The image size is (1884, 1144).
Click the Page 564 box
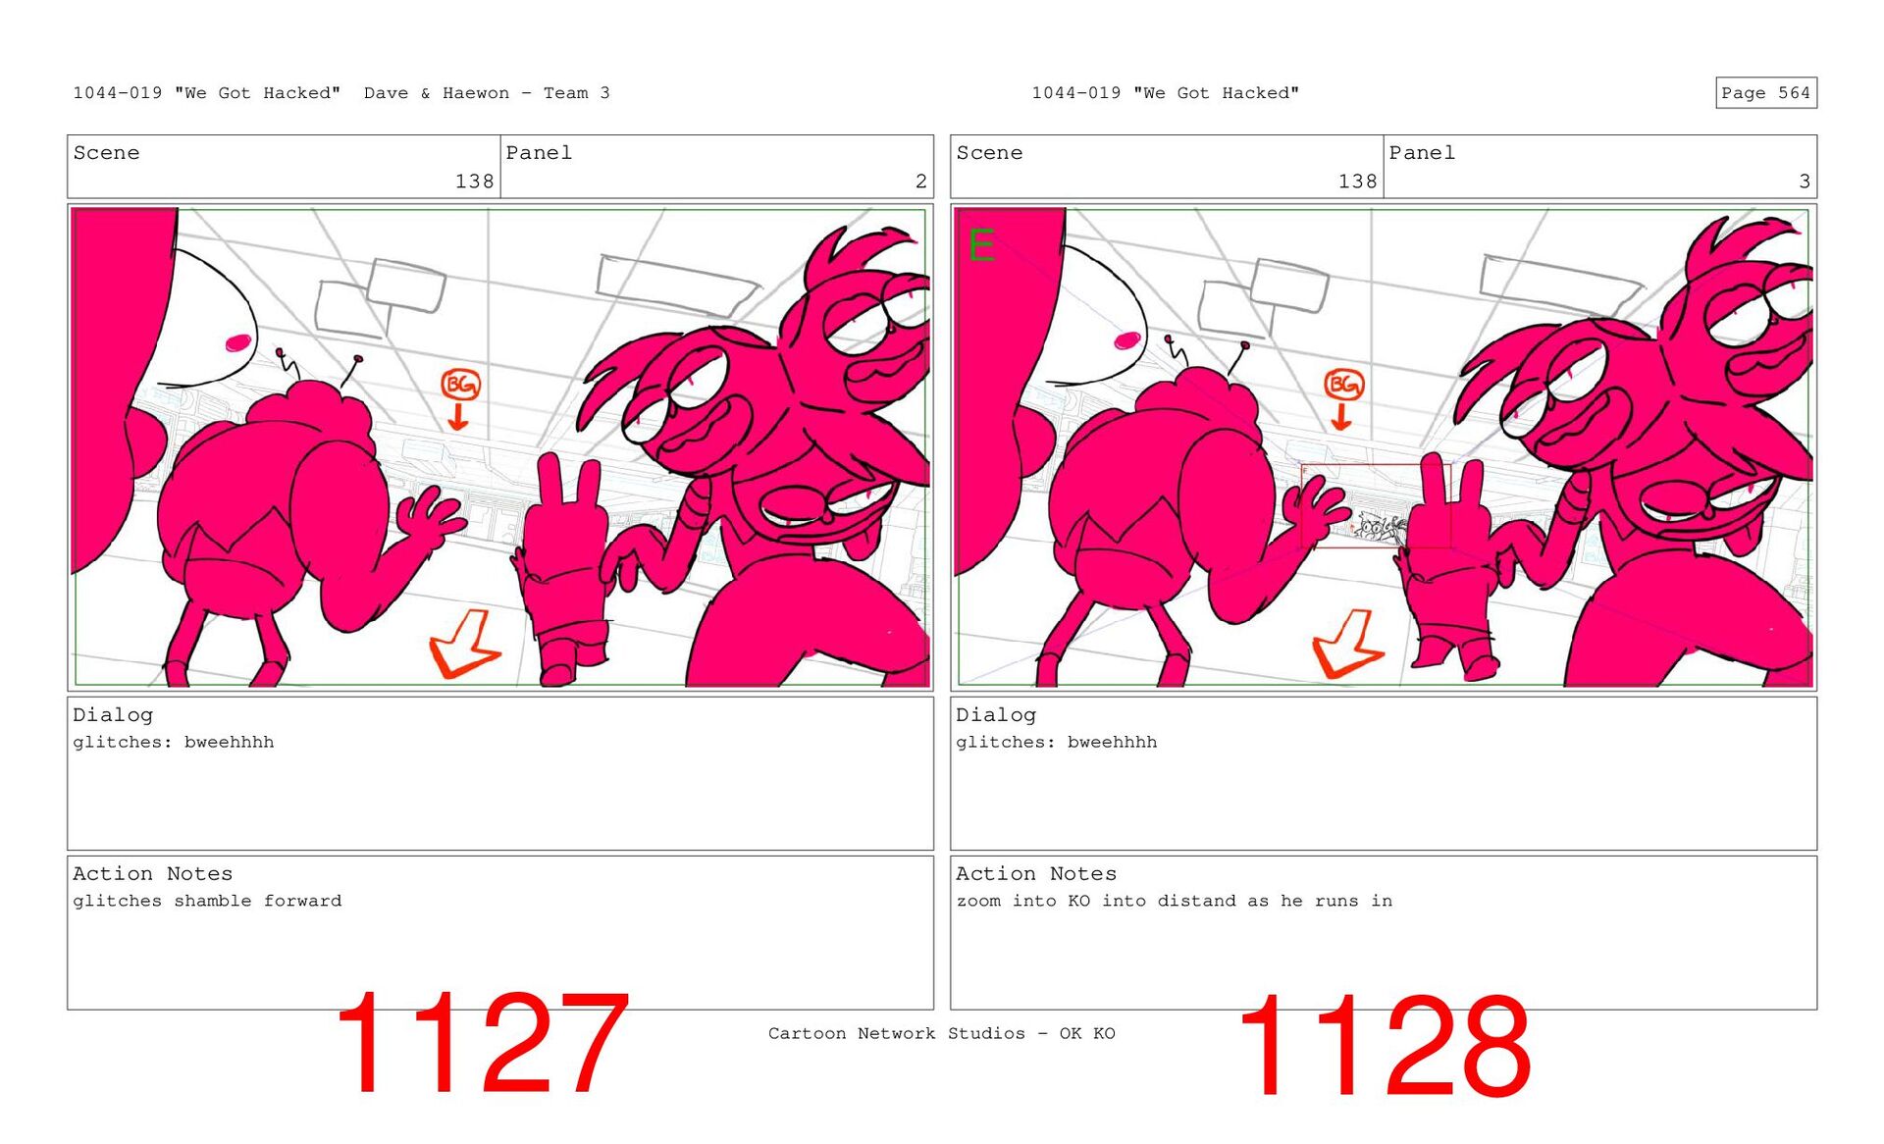coord(1765,93)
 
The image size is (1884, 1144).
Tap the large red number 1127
coord(482,1043)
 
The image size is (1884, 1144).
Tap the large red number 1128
coord(1384,1045)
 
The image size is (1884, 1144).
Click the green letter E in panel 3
coord(981,244)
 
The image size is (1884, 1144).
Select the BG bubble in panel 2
coord(459,385)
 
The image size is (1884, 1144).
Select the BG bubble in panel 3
coord(1343,384)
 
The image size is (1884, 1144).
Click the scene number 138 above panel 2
coord(474,182)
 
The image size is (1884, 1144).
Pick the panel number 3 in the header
coord(1805,182)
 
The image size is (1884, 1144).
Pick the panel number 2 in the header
coord(920,182)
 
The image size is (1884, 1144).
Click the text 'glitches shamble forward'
coord(207,901)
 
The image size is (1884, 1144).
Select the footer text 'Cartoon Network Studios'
coord(897,1033)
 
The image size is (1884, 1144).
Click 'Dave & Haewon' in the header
coord(437,93)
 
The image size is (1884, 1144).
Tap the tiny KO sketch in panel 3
coord(1378,528)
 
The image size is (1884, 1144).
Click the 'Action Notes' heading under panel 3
coord(1036,873)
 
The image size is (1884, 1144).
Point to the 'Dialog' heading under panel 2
coord(113,715)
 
